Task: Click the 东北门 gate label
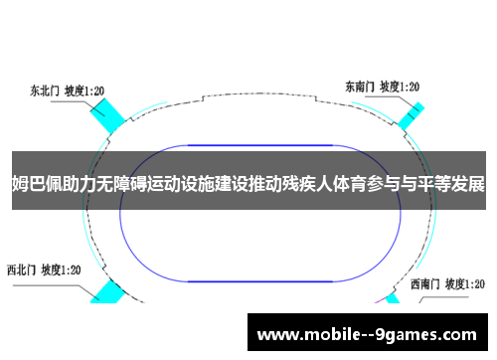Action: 44,90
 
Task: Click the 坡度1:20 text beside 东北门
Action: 85,90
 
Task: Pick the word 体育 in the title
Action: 359,185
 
